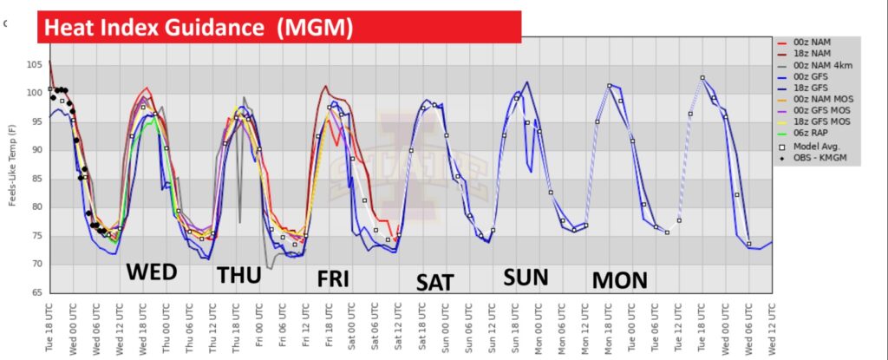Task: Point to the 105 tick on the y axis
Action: click(x=35, y=65)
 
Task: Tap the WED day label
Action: click(x=152, y=272)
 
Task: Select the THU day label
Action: click(x=239, y=275)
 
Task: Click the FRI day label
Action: click(x=334, y=279)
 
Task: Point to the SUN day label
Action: click(x=526, y=277)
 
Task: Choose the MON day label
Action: click(x=620, y=279)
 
